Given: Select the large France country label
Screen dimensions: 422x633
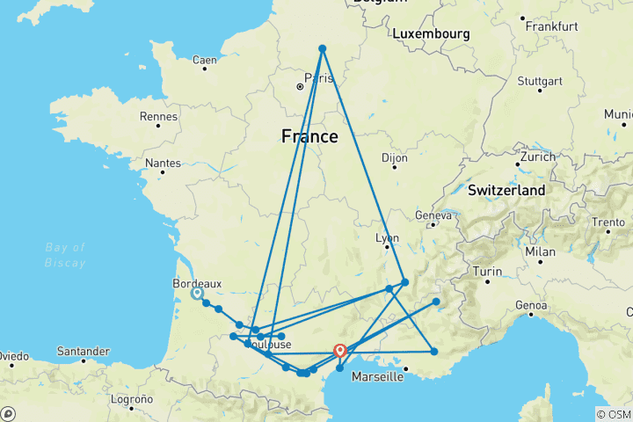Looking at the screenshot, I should click(x=309, y=136).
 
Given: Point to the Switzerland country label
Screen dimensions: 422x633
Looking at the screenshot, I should click(x=506, y=190).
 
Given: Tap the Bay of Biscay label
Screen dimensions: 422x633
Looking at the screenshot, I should click(x=66, y=255).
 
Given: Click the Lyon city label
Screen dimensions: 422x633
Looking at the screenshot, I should click(x=387, y=238).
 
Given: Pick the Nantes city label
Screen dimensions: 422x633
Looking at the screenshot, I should click(x=163, y=163).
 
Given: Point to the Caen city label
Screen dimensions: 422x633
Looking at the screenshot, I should click(x=204, y=61).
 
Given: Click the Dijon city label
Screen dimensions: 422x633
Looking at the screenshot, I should click(x=395, y=158).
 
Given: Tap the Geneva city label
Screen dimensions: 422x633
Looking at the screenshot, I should click(x=433, y=215).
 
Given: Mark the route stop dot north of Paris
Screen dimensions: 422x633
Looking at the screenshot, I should click(x=323, y=48).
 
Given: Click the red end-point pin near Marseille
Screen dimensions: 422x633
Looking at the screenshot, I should click(x=339, y=351).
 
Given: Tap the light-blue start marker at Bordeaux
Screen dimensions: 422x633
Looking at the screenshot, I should click(x=196, y=294).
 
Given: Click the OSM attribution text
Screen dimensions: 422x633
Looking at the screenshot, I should click(x=614, y=414).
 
